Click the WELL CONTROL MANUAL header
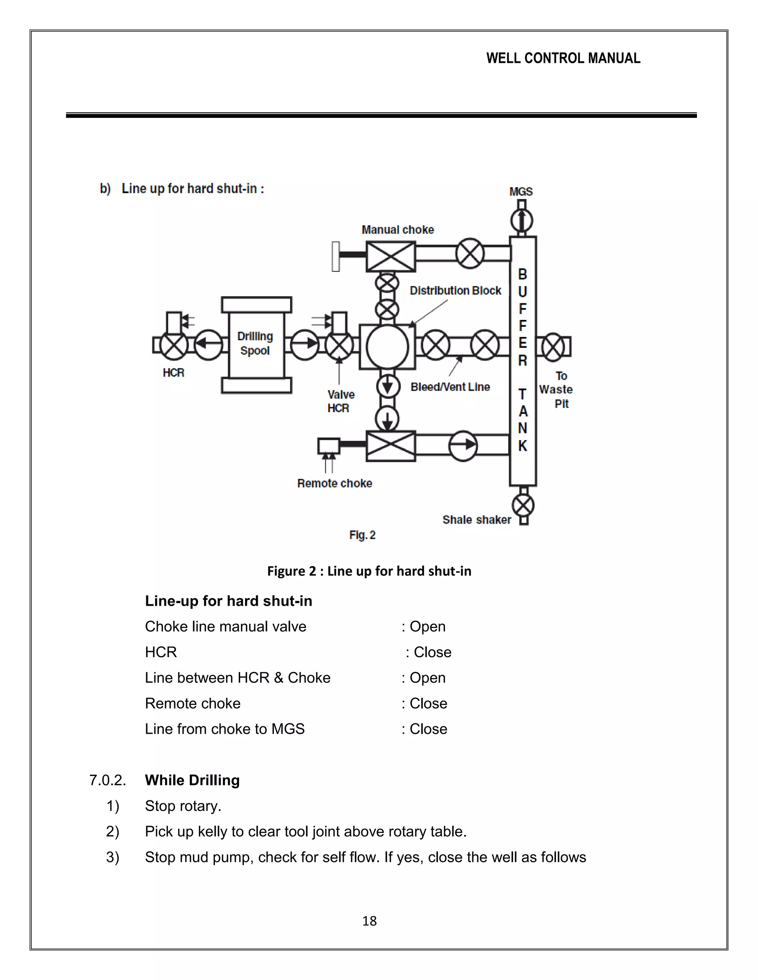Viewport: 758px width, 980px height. (x=563, y=58)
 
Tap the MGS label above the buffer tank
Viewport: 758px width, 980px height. (x=521, y=192)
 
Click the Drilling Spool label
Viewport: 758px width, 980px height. (x=255, y=343)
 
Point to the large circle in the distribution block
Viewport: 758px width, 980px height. (x=387, y=347)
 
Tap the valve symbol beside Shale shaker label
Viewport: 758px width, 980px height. (x=523, y=506)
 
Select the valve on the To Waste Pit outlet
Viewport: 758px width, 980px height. (x=553, y=347)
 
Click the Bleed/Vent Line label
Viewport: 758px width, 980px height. (x=450, y=387)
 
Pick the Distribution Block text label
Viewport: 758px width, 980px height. (x=455, y=291)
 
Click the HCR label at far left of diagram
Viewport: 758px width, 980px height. (x=173, y=373)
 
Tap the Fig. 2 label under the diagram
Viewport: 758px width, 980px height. (x=362, y=535)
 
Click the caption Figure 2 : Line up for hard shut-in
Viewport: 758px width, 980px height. (x=369, y=571)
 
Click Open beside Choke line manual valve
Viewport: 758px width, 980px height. (x=427, y=626)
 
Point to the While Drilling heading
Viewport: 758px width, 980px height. (x=192, y=780)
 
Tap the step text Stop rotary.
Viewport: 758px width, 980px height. (x=183, y=806)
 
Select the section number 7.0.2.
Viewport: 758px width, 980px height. (x=108, y=780)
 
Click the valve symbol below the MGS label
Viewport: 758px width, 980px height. (x=522, y=220)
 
